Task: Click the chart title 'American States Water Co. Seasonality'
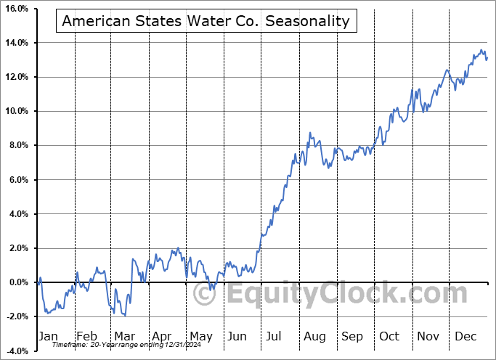pyautogui.click(x=206, y=21)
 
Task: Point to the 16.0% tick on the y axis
pyautogui.click(x=16, y=9)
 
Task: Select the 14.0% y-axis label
pyautogui.click(x=16, y=43)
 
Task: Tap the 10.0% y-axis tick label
pyautogui.click(x=16, y=111)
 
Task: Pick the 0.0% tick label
pyautogui.click(x=17, y=282)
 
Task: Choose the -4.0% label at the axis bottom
pyautogui.click(x=16, y=351)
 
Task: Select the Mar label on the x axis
pyautogui.click(x=124, y=336)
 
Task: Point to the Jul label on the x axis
pyautogui.click(x=275, y=336)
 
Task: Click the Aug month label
pyautogui.click(x=314, y=336)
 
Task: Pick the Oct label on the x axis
pyautogui.click(x=390, y=336)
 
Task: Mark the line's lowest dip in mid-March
pyautogui.click(x=125, y=316)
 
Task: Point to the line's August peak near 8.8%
pyautogui.click(x=310, y=133)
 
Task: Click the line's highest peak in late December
pyautogui.click(x=481, y=50)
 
